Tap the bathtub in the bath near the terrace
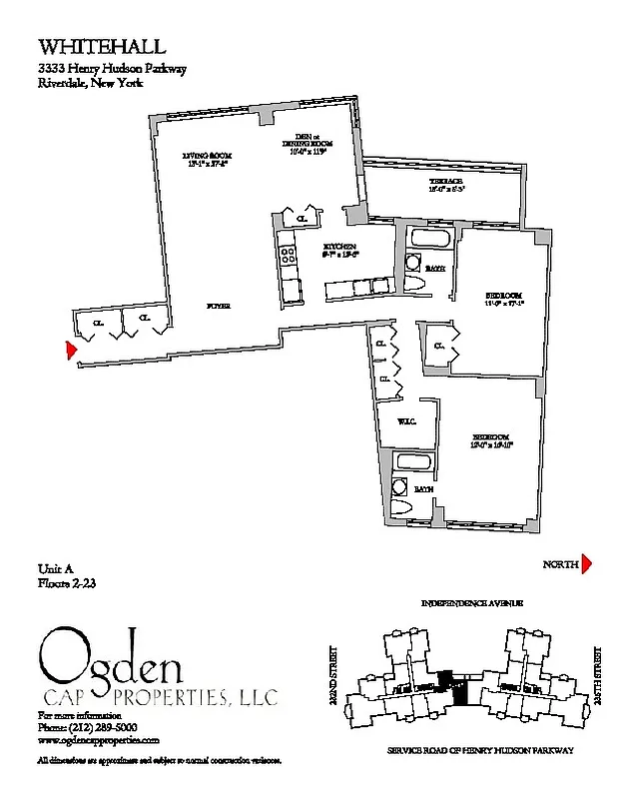[427, 240]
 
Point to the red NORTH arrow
[587, 565]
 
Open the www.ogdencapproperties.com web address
[99, 740]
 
